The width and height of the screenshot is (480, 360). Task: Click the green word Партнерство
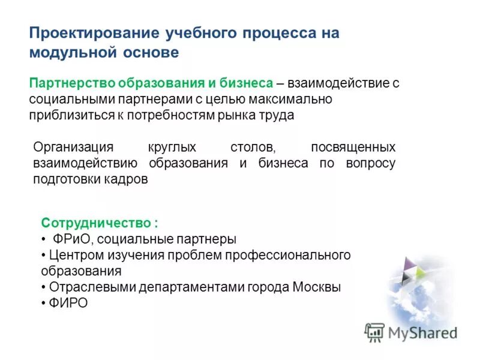pyautogui.click(x=72, y=83)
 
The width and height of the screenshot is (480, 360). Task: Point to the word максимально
pyautogui.click(x=290, y=99)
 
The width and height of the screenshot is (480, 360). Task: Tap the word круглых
pyautogui.click(x=170, y=147)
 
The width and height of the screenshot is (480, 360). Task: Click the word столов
pyautogui.click(x=253, y=147)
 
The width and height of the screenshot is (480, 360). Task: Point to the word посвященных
pyautogui.click(x=353, y=147)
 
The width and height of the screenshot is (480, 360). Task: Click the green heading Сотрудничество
pyautogui.click(x=96, y=223)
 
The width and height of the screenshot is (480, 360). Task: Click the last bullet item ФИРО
pyautogui.click(x=68, y=304)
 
